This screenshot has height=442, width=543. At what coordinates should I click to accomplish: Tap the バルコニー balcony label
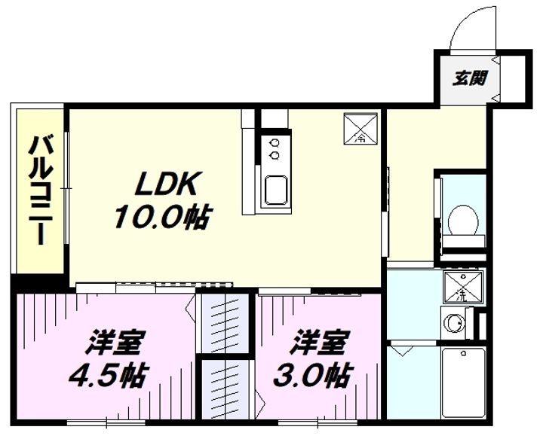pos(41,191)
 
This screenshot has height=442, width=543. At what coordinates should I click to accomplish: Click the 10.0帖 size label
pos(162,217)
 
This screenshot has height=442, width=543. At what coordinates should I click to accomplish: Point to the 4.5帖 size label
pos(109,376)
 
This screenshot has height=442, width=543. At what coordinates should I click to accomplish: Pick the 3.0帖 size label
pos(313,375)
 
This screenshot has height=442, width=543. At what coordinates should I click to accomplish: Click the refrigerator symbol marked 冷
pos(360,129)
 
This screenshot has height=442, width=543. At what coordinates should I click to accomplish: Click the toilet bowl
pos(463,221)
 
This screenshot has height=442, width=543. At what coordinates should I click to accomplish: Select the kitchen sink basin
pos(276,190)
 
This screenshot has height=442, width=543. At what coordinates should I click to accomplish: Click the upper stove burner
pos(275,142)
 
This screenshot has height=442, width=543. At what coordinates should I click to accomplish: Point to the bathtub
pos(463,383)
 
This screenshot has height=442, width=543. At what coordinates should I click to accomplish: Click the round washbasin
pos(454,323)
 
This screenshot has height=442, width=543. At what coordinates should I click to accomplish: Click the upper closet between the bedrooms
pos(225,323)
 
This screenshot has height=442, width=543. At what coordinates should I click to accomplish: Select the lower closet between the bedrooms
pos(225,390)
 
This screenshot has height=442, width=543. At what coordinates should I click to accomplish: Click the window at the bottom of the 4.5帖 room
pos(106,422)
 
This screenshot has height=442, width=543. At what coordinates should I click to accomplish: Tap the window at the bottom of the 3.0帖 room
pos(318,422)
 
